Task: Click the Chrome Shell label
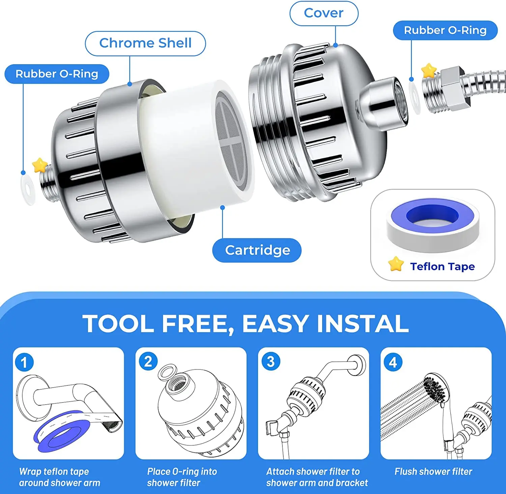[x=145, y=43]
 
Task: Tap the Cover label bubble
[x=324, y=13]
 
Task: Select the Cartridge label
[x=257, y=250]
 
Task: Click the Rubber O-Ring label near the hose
[x=445, y=30]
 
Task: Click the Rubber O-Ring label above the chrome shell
[x=57, y=74]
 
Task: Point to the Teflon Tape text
[x=442, y=266]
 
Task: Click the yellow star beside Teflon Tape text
[x=396, y=264]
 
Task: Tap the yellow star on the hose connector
[x=429, y=71]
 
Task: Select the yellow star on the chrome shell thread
[x=39, y=165]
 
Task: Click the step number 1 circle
[x=24, y=362]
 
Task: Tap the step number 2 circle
[x=148, y=361]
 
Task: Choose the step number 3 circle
[x=271, y=361]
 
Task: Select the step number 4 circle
[x=393, y=362]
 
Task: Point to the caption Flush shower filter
[x=433, y=471]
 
